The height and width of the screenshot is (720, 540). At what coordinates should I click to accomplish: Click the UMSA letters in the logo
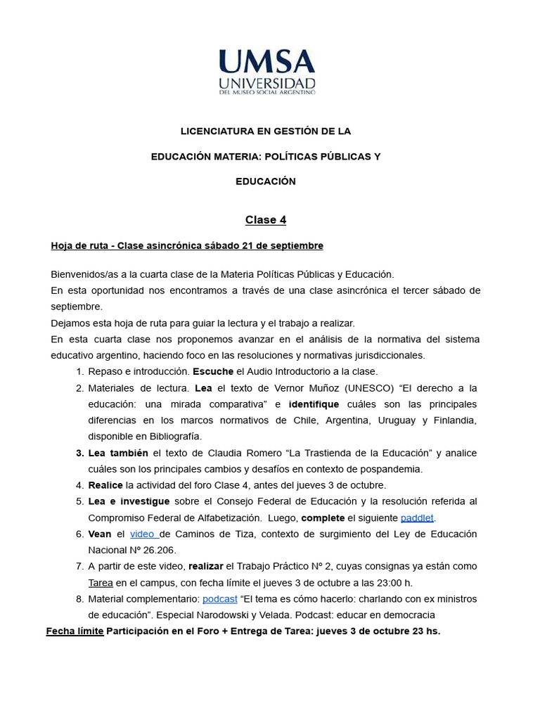pos(266,62)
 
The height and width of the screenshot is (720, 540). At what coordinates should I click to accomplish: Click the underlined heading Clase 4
pos(266,220)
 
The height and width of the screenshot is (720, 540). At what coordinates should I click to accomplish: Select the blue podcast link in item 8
pos(219,599)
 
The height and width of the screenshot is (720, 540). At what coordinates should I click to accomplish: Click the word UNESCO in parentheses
pos(370,388)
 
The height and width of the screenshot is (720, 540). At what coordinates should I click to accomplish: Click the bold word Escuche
pos(213,372)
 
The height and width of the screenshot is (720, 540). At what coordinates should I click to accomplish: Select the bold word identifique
pos(314,404)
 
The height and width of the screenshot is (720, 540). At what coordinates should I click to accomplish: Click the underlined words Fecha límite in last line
pos(75,631)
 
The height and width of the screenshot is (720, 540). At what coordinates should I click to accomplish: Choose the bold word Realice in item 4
pos(105,485)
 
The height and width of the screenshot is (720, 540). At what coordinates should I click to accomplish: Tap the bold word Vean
pos(100,534)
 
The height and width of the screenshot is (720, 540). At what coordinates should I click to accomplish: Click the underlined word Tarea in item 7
pos(101,583)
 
